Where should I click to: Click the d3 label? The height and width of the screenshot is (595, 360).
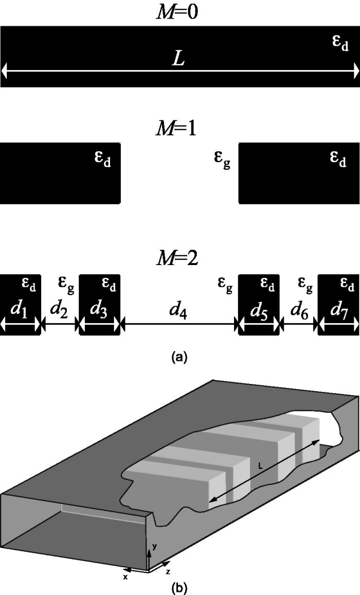(99, 309)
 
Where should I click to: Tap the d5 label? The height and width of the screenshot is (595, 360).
(259, 309)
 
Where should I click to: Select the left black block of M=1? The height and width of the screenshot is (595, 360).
(60, 172)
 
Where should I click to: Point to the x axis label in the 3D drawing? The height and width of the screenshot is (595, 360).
(125, 577)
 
